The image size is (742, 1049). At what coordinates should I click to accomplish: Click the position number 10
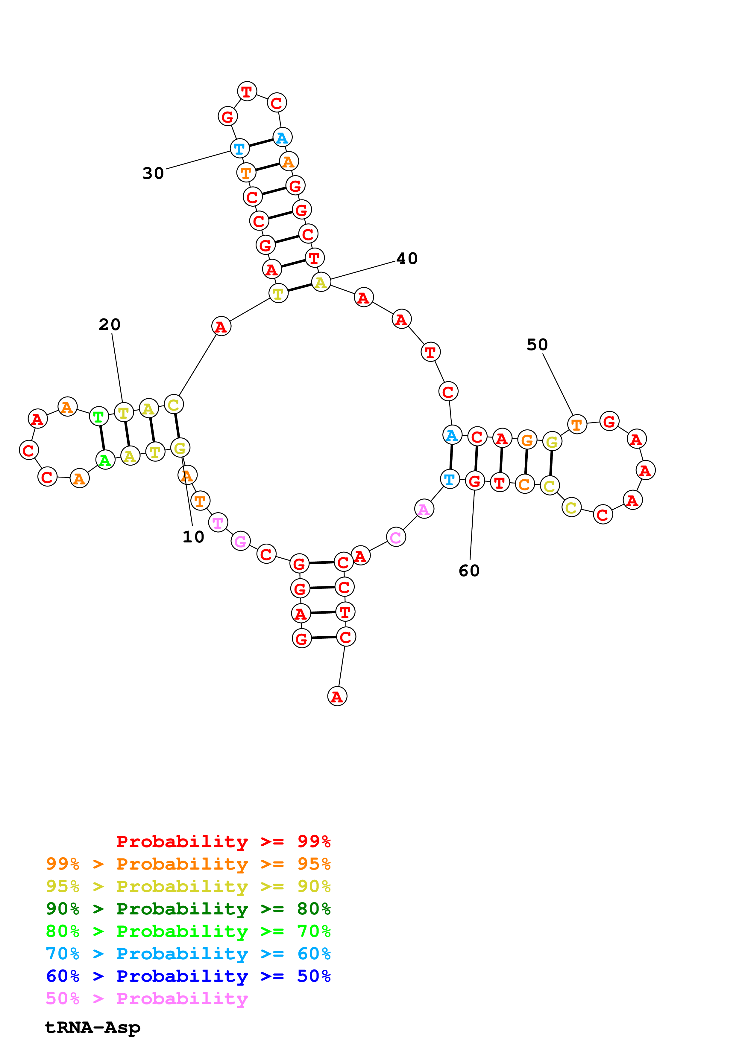pos(193,537)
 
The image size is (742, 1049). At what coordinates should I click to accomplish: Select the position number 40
pos(407,259)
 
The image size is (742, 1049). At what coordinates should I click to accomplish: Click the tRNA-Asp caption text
pos(92,1027)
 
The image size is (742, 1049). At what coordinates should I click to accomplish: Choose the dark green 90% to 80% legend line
pos(188,909)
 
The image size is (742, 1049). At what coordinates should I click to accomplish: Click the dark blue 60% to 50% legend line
pos(188,976)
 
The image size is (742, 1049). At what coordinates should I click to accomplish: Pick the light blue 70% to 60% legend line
pos(188,954)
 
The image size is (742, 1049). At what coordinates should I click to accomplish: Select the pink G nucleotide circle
pos(240,542)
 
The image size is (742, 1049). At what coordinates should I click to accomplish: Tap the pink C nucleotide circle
pos(396,537)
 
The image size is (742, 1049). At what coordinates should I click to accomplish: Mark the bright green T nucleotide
pos(99,417)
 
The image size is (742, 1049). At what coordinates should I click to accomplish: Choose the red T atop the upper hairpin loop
pos(247,92)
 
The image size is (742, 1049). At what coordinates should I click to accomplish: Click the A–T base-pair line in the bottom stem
pos(322,613)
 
